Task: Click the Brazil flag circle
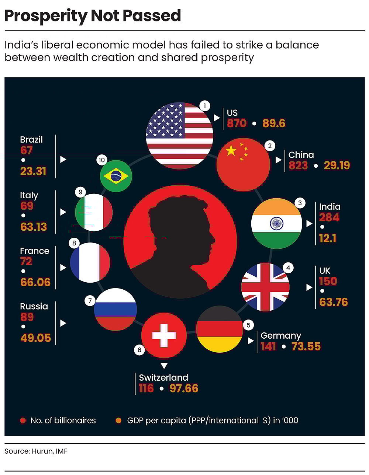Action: [x=116, y=176]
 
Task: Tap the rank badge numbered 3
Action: [x=300, y=203]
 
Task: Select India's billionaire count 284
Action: [x=329, y=217]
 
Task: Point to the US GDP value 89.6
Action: [x=274, y=123]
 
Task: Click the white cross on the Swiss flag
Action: [x=164, y=335]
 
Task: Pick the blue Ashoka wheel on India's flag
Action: [x=276, y=223]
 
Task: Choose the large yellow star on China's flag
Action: [x=231, y=150]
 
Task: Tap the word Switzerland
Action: [x=163, y=377]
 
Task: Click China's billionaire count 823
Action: [x=298, y=165]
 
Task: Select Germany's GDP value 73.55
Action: [x=306, y=346]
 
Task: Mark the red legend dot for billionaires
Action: [x=23, y=420]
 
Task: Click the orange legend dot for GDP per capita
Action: [x=118, y=420]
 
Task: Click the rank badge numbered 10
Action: [x=101, y=160]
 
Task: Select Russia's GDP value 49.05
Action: [x=35, y=338]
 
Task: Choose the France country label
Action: [x=35, y=251]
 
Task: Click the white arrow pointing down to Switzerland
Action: [x=164, y=366]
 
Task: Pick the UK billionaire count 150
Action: [x=328, y=281]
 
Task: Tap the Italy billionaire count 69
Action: [x=27, y=206]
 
